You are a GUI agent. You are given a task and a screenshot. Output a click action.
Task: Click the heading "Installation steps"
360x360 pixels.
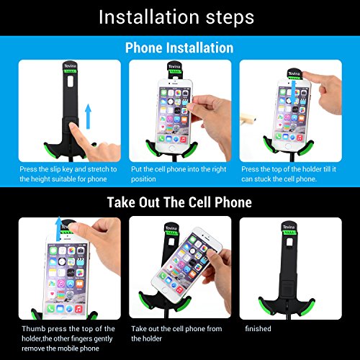click(176, 17)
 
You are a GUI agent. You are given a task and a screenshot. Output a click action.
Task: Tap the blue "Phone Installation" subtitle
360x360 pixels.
click(179, 48)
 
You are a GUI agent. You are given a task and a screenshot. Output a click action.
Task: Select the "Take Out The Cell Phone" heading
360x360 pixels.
click(179, 202)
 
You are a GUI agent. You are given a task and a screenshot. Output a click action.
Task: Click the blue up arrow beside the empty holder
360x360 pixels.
click(89, 116)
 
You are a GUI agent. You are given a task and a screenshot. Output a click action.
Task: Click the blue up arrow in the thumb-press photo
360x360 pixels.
click(58, 229)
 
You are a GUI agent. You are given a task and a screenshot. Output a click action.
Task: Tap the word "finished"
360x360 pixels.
click(258, 328)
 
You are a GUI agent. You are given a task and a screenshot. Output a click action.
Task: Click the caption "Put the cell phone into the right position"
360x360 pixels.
click(179, 174)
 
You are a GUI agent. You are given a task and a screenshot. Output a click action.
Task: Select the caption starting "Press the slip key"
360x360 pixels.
click(68, 174)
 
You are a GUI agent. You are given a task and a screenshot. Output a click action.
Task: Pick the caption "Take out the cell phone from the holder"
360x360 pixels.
click(176, 333)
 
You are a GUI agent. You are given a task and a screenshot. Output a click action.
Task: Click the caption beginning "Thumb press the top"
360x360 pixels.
click(68, 338)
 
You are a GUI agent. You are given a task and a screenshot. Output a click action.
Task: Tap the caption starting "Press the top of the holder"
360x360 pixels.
click(289, 174)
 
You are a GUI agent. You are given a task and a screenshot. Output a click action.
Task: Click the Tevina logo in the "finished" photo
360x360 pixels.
click(289, 227)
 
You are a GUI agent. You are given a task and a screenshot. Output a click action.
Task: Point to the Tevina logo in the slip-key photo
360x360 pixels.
click(70, 66)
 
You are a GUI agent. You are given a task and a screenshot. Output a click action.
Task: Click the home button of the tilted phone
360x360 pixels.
click(165, 290)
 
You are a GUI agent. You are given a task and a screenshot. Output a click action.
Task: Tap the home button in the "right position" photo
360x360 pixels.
click(171, 148)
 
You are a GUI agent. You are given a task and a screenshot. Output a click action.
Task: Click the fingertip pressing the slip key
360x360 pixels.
click(72, 125)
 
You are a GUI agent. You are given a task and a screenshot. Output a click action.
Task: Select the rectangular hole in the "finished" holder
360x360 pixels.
click(289, 243)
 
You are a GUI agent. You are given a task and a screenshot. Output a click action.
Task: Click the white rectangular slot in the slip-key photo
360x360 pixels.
click(71, 81)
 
